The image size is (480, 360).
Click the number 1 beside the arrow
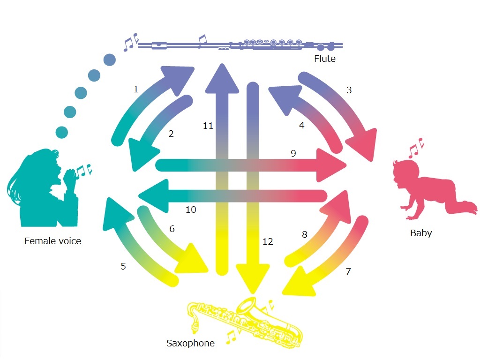[x=136, y=89]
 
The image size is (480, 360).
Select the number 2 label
[x=171, y=134]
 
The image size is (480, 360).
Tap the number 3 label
[x=349, y=90]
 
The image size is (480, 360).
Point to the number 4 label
[x=301, y=125]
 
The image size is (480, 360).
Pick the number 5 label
[x=123, y=266]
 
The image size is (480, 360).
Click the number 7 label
[x=348, y=271]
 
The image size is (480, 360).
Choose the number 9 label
[x=293, y=153]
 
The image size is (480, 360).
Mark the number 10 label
[x=191, y=210]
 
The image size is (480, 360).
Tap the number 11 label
[x=209, y=125]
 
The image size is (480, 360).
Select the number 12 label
[x=268, y=241]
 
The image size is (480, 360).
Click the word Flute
[x=325, y=59]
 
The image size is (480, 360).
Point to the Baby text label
[x=421, y=233]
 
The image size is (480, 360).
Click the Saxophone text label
[x=190, y=343]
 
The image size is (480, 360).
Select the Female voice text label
[x=52, y=241]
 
